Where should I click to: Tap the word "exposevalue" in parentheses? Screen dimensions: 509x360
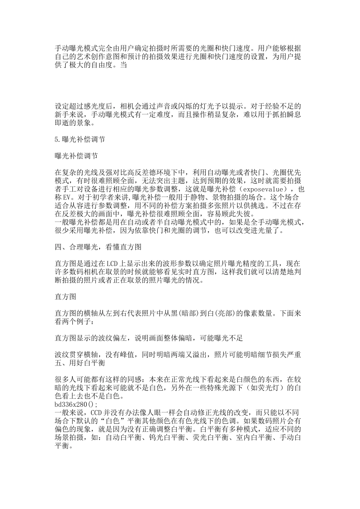[264, 189]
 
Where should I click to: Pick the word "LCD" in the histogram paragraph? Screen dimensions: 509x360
[113, 264]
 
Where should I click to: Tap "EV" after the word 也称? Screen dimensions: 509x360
[67, 197]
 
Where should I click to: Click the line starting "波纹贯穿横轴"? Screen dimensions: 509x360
[178, 355]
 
